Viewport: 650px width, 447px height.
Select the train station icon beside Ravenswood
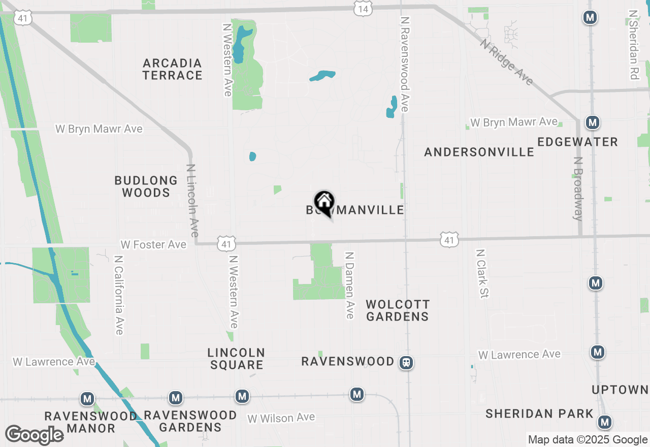[x=406, y=363]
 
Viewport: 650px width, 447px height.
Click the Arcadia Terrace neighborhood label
[x=173, y=70]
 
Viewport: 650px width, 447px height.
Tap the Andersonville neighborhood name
[x=479, y=152]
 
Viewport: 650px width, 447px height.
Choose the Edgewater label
[x=577, y=142]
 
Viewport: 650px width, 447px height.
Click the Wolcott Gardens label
[x=398, y=310]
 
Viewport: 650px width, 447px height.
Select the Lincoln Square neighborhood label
[x=236, y=359]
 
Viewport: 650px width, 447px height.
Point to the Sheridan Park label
[x=539, y=414]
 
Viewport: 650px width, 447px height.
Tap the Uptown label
[x=620, y=390]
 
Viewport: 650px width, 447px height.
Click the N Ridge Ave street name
[x=507, y=62]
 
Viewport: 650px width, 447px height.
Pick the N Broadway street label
[x=578, y=188]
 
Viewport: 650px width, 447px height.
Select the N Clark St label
[x=482, y=273]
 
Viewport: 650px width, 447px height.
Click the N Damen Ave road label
[x=349, y=285]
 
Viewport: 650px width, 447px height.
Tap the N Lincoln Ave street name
[x=192, y=200]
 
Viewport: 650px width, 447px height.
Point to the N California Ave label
[x=119, y=295]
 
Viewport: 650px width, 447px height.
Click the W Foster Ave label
[x=153, y=245]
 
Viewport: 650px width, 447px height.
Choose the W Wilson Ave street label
[x=281, y=418]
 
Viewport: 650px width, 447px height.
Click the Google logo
[x=34, y=435]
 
